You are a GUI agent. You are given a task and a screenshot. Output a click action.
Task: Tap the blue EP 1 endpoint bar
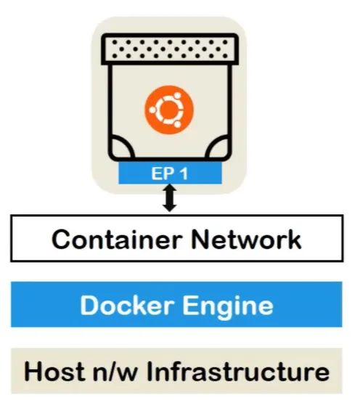pyautogui.click(x=169, y=174)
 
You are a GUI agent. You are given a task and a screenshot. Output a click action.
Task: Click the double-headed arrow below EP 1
pyautogui.click(x=169, y=198)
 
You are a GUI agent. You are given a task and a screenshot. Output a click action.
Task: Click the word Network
pyautogui.click(x=244, y=239)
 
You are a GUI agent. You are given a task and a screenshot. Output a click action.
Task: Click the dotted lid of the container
pyautogui.click(x=168, y=49)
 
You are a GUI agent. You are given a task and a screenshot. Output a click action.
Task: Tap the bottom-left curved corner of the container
pyautogui.click(x=121, y=149)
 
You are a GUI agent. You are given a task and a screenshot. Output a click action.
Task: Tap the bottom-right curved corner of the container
pyautogui.click(x=216, y=149)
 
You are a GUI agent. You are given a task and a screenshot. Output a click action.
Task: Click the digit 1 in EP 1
pyautogui.click(x=186, y=174)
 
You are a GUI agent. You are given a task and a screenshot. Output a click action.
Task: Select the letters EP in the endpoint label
pyautogui.click(x=160, y=174)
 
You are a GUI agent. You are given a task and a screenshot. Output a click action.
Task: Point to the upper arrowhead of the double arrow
pyautogui.click(x=169, y=189)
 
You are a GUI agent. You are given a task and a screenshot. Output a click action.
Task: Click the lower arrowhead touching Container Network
pyautogui.click(x=169, y=208)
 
